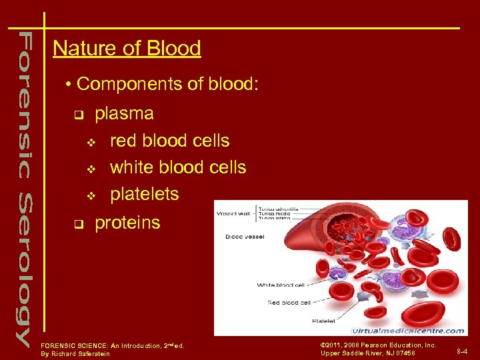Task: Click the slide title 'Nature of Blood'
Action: click(x=127, y=49)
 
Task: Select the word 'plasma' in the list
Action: click(x=124, y=113)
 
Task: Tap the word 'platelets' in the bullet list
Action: click(x=144, y=194)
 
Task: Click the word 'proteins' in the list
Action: click(x=127, y=223)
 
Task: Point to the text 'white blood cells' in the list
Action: click(x=177, y=167)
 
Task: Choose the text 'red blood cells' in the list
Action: click(x=169, y=141)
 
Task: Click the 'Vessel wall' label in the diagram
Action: click(x=231, y=214)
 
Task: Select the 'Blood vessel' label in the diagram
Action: click(x=245, y=236)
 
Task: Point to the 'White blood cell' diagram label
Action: click(x=281, y=285)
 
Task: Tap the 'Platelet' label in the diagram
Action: click(x=323, y=321)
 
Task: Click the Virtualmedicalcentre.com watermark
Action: click(x=407, y=330)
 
